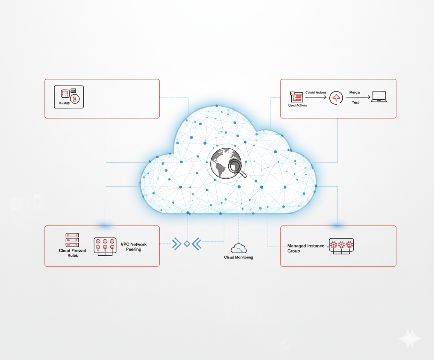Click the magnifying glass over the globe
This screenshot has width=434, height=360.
click(236, 167)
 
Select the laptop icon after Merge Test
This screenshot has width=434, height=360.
click(379, 97)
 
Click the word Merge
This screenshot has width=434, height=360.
click(354, 93)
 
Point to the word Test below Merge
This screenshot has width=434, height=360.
click(355, 102)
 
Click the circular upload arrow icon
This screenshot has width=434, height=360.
click(336, 98)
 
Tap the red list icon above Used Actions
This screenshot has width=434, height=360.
click(297, 97)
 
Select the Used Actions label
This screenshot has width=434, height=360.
click(297, 106)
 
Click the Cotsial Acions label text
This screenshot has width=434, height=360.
click(316, 93)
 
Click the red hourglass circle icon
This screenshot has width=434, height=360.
click(75, 99)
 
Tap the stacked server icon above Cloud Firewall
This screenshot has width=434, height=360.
click(72, 240)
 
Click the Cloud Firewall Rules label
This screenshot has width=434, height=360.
click(72, 253)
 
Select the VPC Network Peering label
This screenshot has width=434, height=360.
click(134, 247)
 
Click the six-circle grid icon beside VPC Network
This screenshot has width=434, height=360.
click(105, 246)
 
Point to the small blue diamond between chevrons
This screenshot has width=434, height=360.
click(187, 244)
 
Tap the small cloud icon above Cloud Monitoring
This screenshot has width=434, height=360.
click(239, 248)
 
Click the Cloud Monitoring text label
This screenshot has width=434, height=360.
click(239, 257)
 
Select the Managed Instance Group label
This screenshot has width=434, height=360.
click(306, 248)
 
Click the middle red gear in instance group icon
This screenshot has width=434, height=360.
click(341, 244)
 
